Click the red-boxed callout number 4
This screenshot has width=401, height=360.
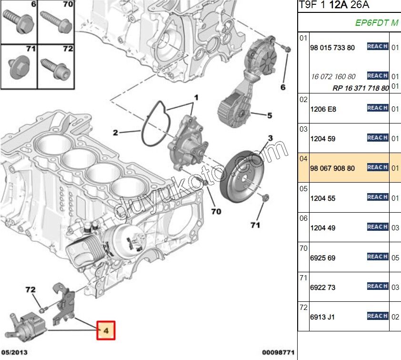(x=106, y=329)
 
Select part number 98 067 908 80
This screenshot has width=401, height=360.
(x=332, y=168)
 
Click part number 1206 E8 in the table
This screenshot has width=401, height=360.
(x=323, y=109)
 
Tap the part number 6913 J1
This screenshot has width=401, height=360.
(x=322, y=317)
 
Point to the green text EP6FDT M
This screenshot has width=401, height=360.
(x=376, y=22)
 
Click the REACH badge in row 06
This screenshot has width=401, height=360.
(x=377, y=227)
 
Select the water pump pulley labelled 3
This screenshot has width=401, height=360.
(x=243, y=176)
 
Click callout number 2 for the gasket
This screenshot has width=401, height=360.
(x=115, y=133)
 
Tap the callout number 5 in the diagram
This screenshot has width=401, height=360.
(x=269, y=115)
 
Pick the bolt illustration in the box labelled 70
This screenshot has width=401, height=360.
(x=56, y=21)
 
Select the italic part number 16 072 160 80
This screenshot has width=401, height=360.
(x=332, y=76)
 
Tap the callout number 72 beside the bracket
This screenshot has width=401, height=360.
(x=30, y=289)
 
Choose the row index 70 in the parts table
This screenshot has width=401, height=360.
(x=303, y=248)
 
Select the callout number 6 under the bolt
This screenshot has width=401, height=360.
(x=282, y=87)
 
